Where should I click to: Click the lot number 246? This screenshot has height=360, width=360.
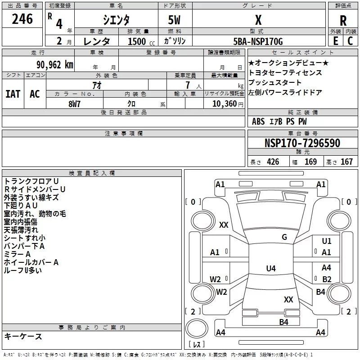point(22,19)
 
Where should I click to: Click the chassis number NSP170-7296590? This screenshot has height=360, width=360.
point(302,143)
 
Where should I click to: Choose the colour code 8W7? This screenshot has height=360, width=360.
point(75,103)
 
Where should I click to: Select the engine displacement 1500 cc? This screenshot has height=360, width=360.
point(137,42)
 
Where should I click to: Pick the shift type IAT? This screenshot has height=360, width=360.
point(13,94)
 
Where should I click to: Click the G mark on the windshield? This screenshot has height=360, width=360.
point(284,237)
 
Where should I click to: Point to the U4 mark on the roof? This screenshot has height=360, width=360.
point(270,269)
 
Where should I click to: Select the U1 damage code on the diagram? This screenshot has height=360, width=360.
point(326,242)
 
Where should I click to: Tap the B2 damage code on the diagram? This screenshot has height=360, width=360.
point(327,279)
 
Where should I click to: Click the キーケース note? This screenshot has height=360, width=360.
point(23,337)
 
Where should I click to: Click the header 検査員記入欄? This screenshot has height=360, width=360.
point(92,173)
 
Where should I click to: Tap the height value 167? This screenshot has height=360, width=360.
point(346,162)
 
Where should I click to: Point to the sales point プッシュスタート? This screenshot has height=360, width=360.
point(275,83)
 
